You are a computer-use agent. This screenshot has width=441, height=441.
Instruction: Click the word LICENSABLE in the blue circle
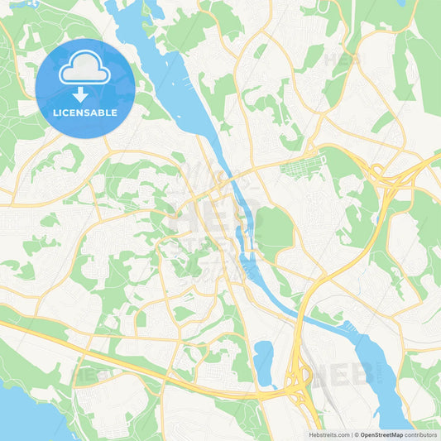pos(85,113)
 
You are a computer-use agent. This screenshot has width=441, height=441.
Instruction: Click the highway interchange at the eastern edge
pos(382,176)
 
